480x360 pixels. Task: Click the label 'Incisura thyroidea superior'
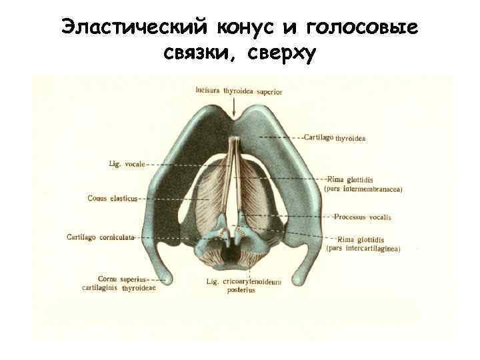(239, 91)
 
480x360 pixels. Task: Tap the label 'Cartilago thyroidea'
(334, 138)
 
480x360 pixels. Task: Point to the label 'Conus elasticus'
(112, 198)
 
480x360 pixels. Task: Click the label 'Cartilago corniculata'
(101, 237)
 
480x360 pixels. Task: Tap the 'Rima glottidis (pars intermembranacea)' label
(363, 184)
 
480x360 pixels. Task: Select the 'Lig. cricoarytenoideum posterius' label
(243, 286)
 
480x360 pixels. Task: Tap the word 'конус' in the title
(249, 28)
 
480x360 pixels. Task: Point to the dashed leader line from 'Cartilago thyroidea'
(279, 137)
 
